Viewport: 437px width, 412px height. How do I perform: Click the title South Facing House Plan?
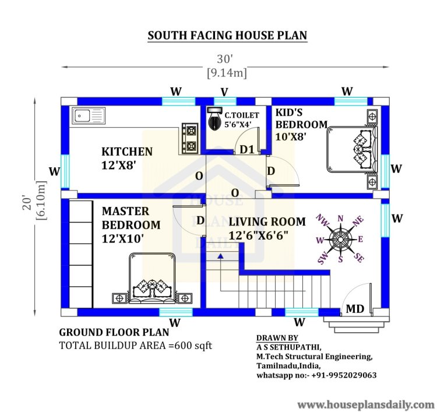point(227,36)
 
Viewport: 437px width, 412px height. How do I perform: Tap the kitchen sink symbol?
point(88,116)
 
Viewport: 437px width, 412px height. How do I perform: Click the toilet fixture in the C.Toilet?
point(216,119)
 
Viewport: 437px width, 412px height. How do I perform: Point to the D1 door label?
point(247,150)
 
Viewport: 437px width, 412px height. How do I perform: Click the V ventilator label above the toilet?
point(224,91)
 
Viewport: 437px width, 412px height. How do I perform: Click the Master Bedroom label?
point(131,224)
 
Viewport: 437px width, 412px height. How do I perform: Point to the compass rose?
point(340,238)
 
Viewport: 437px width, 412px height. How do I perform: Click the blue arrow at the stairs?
point(220,256)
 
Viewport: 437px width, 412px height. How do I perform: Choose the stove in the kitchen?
point(189,137)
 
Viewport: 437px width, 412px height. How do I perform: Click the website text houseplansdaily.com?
point(366,404)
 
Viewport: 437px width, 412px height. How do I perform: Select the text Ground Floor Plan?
point(114,333)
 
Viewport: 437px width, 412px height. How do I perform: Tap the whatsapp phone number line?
point(316,375)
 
